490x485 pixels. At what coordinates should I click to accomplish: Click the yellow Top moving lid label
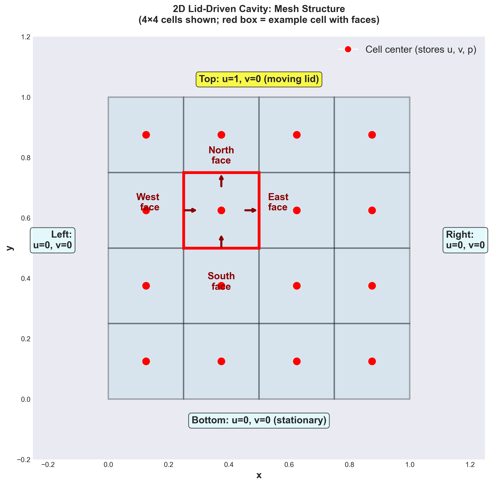tap(259, 79)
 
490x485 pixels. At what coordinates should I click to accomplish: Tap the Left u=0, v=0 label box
tap(53, 240)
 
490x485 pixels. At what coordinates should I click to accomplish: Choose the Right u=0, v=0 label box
tap(465, 240)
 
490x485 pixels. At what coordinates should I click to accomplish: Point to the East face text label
tap(278, 202)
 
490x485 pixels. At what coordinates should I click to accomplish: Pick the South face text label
tap(221, 281)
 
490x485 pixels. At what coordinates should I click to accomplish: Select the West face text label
tap(148, 202)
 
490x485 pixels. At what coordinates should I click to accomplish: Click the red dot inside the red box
tap(221, 210)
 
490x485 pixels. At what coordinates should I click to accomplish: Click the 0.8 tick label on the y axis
tap(26, 158)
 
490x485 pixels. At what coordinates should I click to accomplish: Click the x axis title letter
tap(259, 475)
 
